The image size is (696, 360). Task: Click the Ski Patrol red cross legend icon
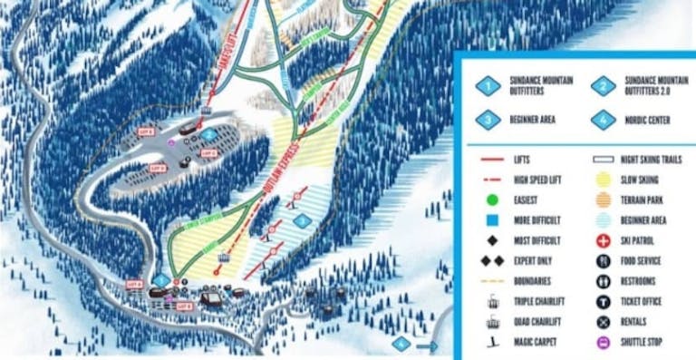click(603, 241)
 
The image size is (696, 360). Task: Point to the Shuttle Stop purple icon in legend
click(603, 342)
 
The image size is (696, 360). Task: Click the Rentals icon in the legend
click(603, 322)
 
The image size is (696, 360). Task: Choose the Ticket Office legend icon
click(603, 302)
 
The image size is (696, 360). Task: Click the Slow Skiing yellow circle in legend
click(603, 180)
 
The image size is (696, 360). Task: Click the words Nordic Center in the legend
click(645, 119)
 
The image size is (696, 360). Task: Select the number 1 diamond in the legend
click(489, 86)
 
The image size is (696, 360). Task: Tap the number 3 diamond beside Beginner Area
click(489, 119)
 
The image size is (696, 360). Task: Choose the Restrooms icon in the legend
click(603, 282)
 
